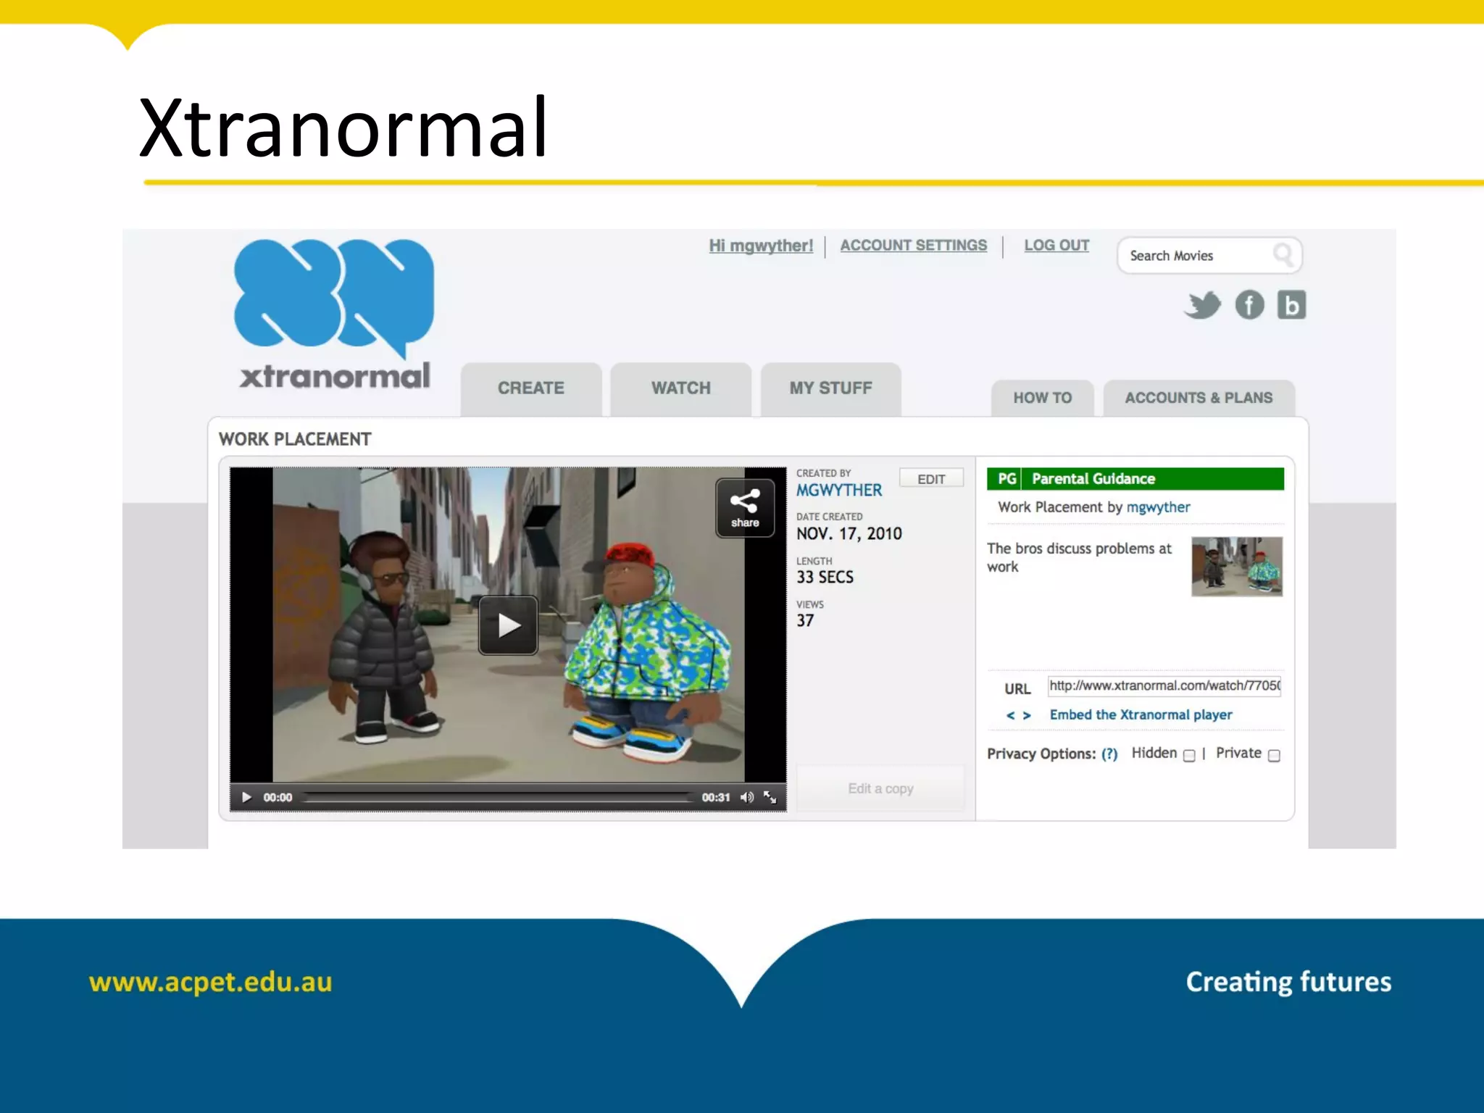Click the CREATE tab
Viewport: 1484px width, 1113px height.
tap(530, 388)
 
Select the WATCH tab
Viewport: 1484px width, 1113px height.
tap(680, 388)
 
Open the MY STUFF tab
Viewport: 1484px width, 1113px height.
tap(830, 388)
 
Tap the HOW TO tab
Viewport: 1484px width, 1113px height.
tap(1042, 398)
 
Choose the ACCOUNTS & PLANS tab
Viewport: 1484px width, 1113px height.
tap(1199, 398)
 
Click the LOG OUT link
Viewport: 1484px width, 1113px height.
tap(1056, 246)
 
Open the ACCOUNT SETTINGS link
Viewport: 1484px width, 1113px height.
tap(913, 246)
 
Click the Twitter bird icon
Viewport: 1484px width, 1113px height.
tap(1203, 305)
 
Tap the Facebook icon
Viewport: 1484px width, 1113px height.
tap(1249, 305)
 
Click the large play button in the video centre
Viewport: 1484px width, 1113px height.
tap(508, 625)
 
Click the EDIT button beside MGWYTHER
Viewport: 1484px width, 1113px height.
tap(931, 479)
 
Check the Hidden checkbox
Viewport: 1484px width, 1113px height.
tap(1189, 756)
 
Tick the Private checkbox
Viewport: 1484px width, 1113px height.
tap(1274, 756)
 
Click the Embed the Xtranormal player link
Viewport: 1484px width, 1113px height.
tap(1141, 715)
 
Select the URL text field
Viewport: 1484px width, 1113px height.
tap(1164, 685)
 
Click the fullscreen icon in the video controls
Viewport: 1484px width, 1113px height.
tap(770, 798)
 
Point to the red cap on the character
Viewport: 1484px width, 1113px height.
tap(629, 554)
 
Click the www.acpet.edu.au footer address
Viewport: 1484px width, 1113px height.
tap(210, 983)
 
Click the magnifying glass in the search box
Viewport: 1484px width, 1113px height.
tap(1283, 255)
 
